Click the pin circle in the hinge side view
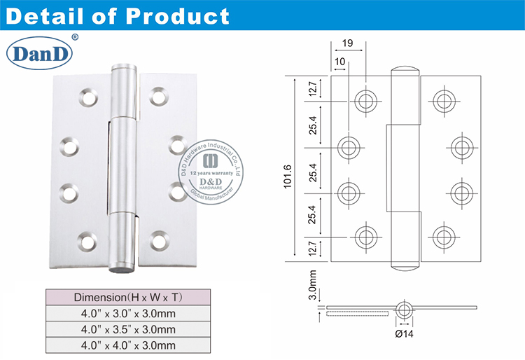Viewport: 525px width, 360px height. point(404,307)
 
